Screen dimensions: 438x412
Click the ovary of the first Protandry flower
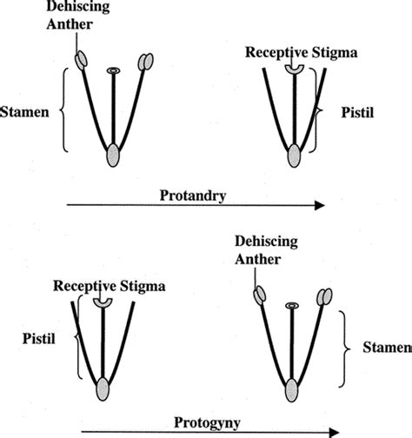tap(113, 156)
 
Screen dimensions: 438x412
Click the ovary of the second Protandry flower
tap(295, 156)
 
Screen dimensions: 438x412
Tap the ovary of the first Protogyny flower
tap(103, 388)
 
